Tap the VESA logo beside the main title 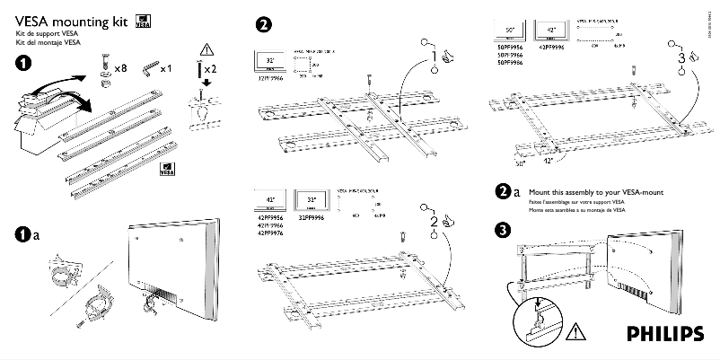pos(143,22)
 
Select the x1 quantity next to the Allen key pos(165,68)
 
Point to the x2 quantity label pos(209,69)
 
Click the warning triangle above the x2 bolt pos(207,48)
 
